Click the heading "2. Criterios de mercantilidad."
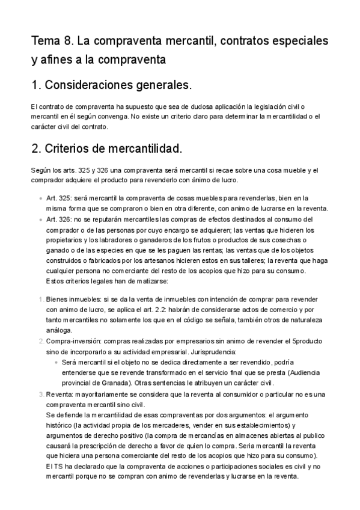tap(106, 147)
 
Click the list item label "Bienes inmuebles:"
tap(70, 299)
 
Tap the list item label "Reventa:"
tap(61, 394)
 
